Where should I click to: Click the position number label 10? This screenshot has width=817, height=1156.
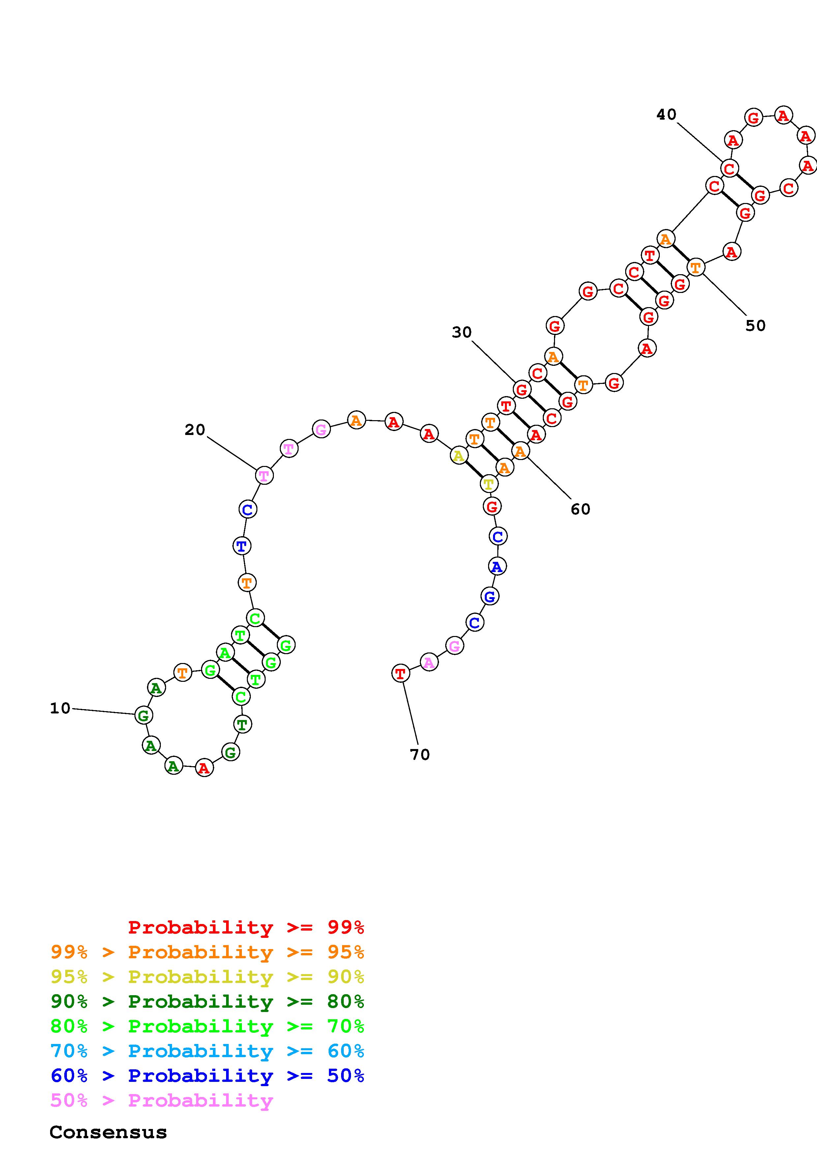(x=60, y=708)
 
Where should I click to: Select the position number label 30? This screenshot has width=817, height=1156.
(x=462, y=332)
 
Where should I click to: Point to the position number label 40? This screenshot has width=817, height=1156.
(x=666, y=114)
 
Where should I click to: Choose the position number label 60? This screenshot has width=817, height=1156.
(x=580, y=509)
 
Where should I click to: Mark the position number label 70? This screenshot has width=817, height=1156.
(x=420, y=754)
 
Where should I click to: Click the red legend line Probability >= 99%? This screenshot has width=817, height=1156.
(x=246, y=927)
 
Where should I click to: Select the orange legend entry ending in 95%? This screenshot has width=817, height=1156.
(x=207, y=952)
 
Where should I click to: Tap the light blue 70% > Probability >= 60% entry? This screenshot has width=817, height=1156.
(x=207, y=1051)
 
